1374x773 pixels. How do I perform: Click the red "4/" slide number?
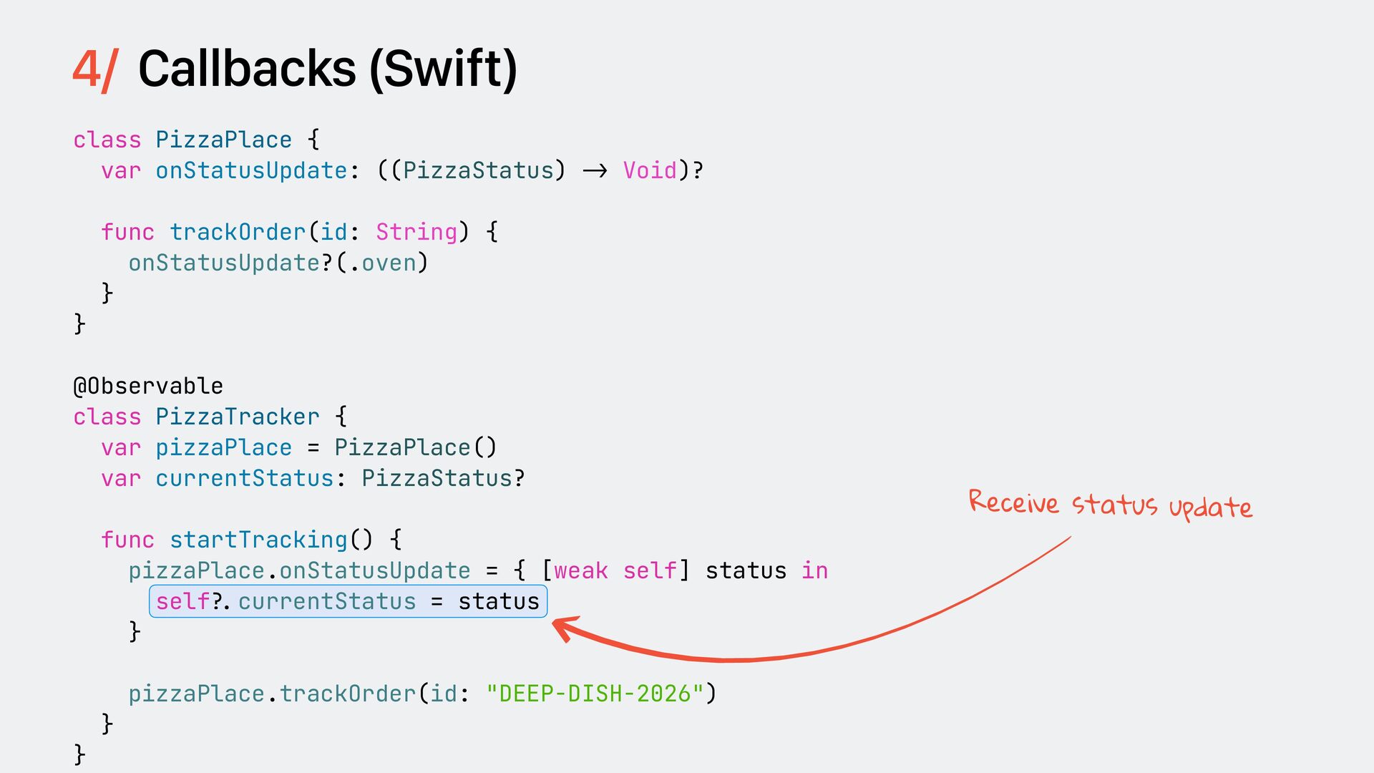click(94, 70)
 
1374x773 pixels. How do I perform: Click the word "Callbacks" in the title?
click(247, 69)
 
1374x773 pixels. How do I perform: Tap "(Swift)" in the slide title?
click(443, 70)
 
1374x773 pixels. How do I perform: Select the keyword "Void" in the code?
click(650, 170)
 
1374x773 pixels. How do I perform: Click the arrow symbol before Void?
click(595, 170)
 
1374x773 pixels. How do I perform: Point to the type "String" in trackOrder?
click(416, 232)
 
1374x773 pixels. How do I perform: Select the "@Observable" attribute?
click(148, 386)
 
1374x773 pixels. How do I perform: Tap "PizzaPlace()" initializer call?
click(415, 447)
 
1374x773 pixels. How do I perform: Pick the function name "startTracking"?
click(258, 540)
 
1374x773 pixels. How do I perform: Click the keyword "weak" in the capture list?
click(580, 570)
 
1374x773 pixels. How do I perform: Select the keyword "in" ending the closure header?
click(814, 570)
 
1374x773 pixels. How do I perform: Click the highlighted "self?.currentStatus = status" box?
click(348, 601)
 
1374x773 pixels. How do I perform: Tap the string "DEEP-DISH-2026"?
click(595, 694)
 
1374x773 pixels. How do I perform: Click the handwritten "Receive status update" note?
click(1110, 505)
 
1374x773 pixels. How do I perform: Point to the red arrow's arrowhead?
click(562, 626)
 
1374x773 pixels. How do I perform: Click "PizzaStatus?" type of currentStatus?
click(443, 478)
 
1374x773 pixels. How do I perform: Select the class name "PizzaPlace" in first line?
click(224, 140)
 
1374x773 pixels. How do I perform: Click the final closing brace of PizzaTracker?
click(79, 754)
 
